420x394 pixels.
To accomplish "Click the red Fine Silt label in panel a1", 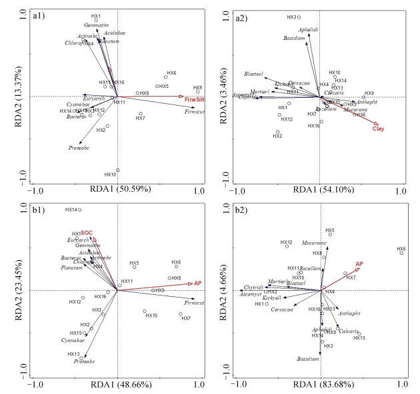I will [x=194, y=99].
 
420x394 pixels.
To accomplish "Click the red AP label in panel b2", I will [x=359, y=264].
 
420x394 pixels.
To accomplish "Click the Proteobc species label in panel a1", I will [x=79, y=148].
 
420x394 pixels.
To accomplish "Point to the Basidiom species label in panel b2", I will [x=308, y=359].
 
